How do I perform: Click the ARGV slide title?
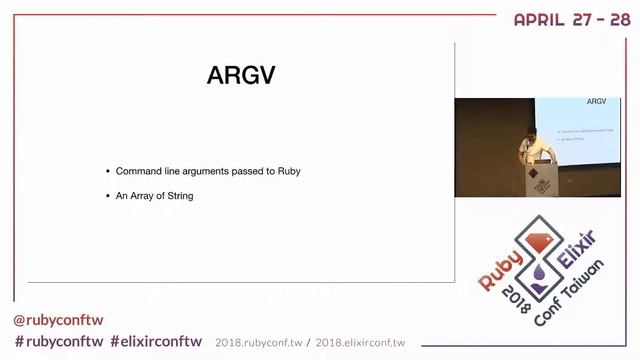click(240, 76)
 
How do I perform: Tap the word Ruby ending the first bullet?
click(288, 171)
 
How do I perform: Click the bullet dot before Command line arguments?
click(107, 171)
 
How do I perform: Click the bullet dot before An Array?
click(107, 196)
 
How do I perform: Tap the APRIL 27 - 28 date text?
click(572, 19)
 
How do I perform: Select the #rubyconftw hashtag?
click(58, 341)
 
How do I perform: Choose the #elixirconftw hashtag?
click(156, 341)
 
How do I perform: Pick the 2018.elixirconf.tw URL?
click(360, 342)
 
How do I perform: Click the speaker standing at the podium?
click(525, 148)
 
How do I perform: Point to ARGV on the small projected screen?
click(596, 102)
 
